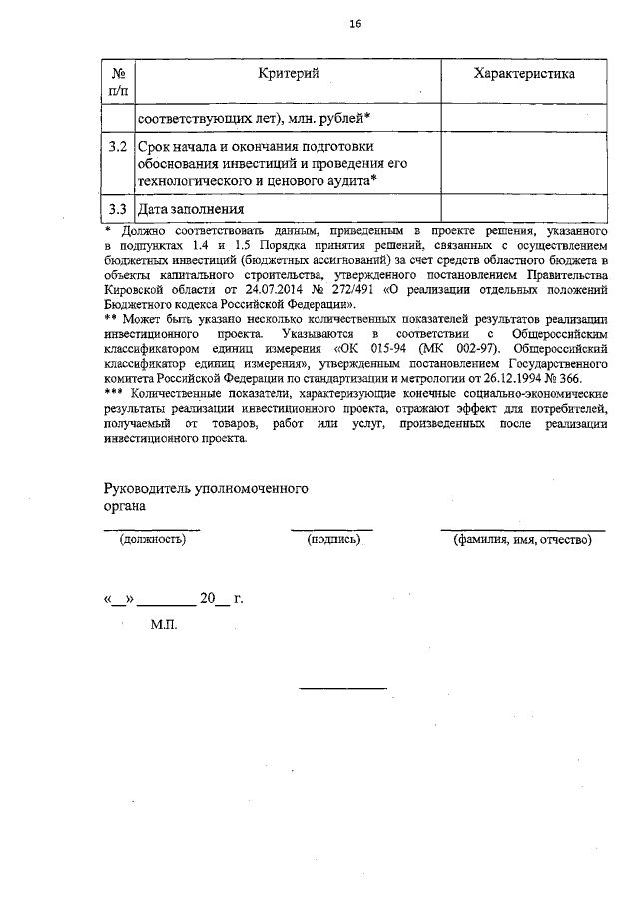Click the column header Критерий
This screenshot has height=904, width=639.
[x=288, y=73]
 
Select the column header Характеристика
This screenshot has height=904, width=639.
[x=523, y=73]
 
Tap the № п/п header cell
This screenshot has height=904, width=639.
[x=118, y=82]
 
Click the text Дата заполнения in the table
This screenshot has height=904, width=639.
[x=191, y=210]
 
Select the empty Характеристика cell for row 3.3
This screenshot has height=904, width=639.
[x=523, y=209]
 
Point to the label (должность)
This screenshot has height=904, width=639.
[x=152, y=540]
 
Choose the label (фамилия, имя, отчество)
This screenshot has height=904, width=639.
[x=522, y=540]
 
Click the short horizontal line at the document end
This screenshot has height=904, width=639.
[x=342, y=688]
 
